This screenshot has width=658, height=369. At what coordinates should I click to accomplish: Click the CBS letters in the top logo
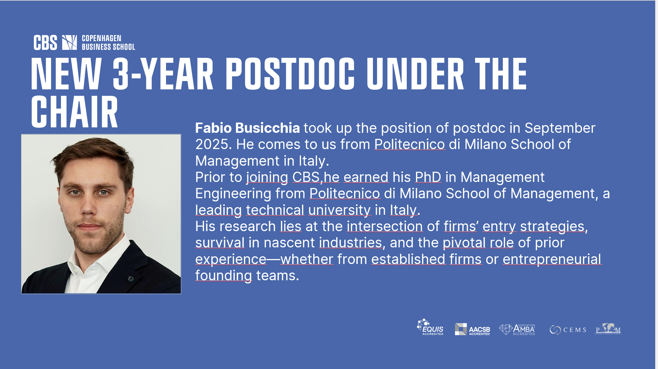pos(45,42)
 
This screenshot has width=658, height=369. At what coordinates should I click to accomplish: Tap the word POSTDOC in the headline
pos(290,74)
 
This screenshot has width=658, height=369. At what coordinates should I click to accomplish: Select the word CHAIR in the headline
pos(74,111)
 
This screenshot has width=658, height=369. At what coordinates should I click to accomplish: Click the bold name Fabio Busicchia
pos(247,128)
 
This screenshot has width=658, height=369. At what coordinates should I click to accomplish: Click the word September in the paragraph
pos(560,128)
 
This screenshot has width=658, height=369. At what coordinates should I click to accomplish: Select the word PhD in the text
pos(428,177)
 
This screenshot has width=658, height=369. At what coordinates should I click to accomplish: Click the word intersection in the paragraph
pos(385,226)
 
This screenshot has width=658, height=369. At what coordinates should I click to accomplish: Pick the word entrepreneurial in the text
pos(552,260)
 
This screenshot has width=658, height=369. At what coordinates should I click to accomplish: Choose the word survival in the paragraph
pos(220,243)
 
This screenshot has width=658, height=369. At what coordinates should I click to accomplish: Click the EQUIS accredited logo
pos(430,327)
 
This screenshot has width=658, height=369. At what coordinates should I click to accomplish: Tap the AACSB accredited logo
pos(472,329)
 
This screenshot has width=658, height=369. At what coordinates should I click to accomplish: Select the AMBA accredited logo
pos(517,329)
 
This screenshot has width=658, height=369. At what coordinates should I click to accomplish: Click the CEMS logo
pos(568,330)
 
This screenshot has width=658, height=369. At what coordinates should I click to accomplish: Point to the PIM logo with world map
pos(608,329)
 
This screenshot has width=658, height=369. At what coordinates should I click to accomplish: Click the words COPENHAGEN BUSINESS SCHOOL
pos(108,42)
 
